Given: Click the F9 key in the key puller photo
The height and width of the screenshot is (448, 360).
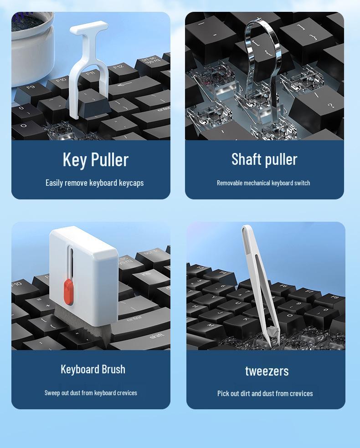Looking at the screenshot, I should point(31,87).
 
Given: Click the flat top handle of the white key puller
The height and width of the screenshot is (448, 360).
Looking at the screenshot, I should point(89,28).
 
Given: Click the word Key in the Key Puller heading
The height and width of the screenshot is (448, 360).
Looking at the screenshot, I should point(74,159).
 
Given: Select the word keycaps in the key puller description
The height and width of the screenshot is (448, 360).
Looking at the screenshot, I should point(131,183).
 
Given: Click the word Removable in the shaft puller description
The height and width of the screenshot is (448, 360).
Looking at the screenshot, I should point(229,183).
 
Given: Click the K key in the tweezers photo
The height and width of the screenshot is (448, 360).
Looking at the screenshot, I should point(246,319).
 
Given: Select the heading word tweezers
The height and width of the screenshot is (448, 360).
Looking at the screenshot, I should point(267,371).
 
